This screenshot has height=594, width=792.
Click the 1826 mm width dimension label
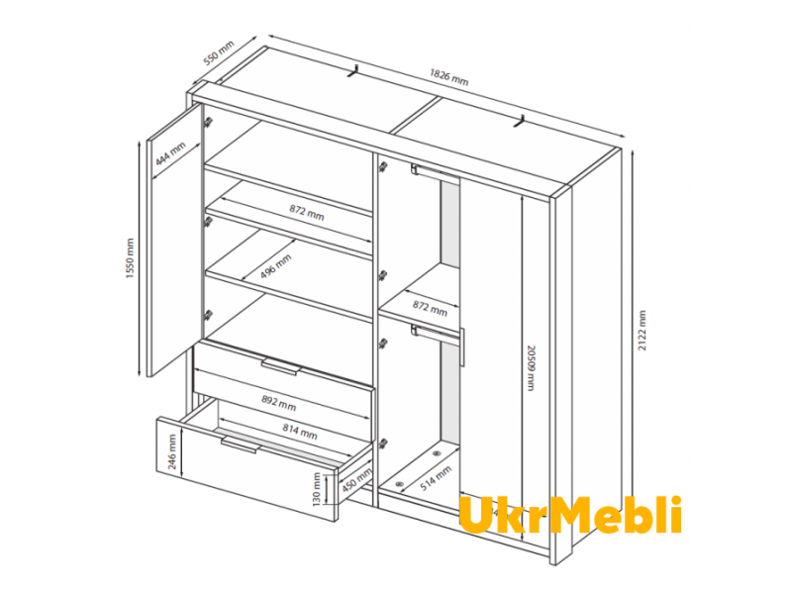coord(449,77)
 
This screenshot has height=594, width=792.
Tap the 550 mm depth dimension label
coord(219,52)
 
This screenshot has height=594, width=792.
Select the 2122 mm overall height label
coord(642,331)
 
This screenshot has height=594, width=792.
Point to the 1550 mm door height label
coord(131,258)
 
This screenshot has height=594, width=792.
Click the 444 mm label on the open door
coord(170,153)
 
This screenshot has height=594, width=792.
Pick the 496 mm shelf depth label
coord(276,266)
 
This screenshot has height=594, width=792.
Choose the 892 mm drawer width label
coord(279,403)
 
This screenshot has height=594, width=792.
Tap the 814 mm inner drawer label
coord(300,431)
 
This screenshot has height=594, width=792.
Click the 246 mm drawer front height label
coord(171,451)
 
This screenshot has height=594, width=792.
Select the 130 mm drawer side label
coord(317,488)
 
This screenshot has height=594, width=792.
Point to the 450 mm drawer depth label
coord(356,479)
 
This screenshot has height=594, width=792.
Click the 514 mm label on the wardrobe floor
coord(436,478)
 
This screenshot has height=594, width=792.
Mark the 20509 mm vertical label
coord(531,368)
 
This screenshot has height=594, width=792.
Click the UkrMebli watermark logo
coord(570,515)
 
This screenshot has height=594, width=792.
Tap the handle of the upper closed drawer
coord(281,366)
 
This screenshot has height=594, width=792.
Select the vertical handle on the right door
coord(461,346)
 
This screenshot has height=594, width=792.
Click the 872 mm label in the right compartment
coord(430,308)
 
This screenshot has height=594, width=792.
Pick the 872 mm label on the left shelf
coord(307,212)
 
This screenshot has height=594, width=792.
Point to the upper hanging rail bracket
coord(417,169)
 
